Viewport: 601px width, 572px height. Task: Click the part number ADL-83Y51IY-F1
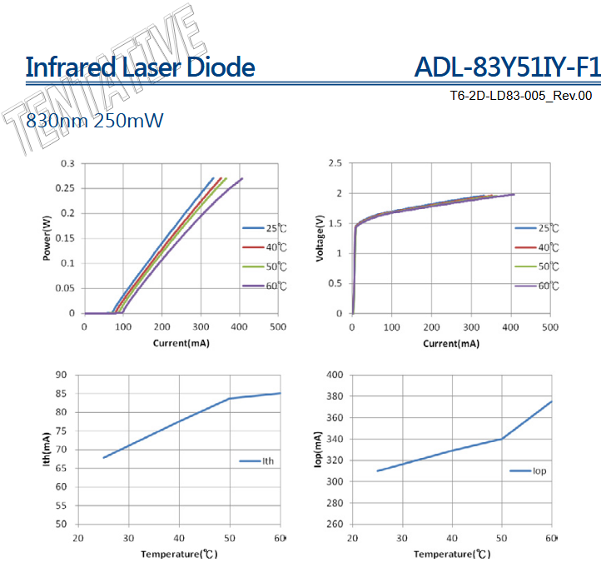[507, 67]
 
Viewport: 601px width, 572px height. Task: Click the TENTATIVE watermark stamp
[104, 83]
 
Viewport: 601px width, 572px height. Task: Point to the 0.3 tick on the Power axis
[67, 163]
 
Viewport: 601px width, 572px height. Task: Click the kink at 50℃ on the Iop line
[502, 439]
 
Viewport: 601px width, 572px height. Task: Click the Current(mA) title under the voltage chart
[451, 343]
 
